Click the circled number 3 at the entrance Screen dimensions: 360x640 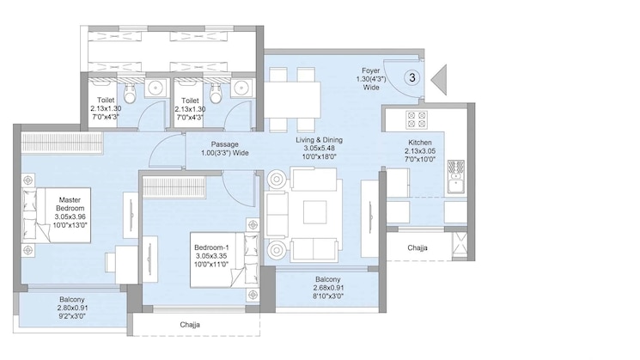pos(412,78)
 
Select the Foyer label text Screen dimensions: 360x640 pos(370,78)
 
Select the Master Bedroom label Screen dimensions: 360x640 pos(70,209)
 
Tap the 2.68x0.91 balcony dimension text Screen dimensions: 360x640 pos(327,289)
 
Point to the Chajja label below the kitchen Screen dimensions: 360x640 pos(417,247)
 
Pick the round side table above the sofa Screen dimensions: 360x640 pos(279,179)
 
